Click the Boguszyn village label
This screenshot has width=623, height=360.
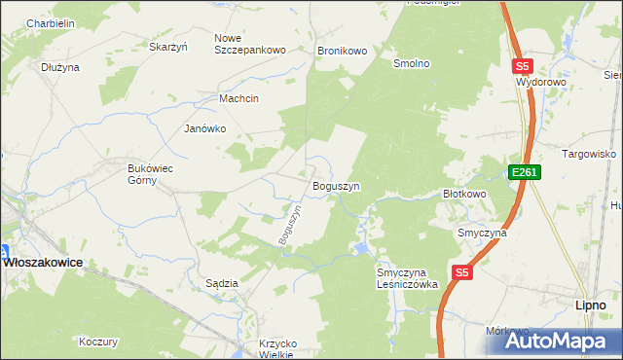click(336, 185)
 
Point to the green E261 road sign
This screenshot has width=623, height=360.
click(524, 172)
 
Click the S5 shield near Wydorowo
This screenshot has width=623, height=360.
click(523, 66)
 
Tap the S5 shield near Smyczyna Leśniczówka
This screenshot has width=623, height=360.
click(462, 273)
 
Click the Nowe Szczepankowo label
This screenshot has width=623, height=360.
click(249, 44)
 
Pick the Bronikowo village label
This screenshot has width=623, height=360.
click(341, 50)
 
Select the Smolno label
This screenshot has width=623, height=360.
click(411, 63)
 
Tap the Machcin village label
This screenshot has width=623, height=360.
click(239, 98)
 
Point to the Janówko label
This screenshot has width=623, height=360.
click(205, 127)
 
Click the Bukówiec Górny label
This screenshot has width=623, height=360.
click(150, 174)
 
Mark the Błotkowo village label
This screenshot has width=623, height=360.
click(464, 194)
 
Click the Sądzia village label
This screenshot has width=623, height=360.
click(222, 283)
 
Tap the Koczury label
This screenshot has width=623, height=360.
click(98, 342)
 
